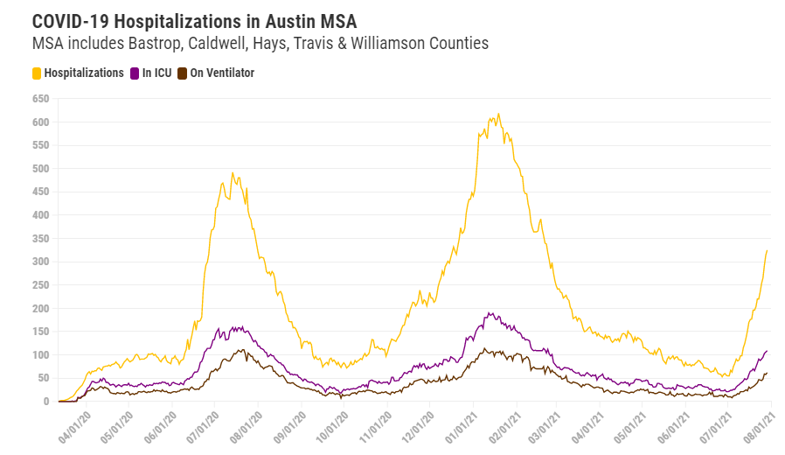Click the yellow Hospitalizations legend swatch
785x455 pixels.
pos(37,73)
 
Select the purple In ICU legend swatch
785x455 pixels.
pos(135,73)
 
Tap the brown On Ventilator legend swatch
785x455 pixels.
pos(183,73)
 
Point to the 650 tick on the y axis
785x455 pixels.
pos(39,99)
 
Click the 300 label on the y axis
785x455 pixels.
pos(39,262)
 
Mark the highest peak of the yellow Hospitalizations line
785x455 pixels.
pos(498,114)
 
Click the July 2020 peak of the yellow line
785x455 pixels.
pos(233,172)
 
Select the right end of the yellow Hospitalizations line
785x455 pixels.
pos(768,250)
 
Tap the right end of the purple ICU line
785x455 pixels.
pos(768,351)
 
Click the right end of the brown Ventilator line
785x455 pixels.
pos(768,373)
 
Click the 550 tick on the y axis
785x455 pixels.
pos(39,145)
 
